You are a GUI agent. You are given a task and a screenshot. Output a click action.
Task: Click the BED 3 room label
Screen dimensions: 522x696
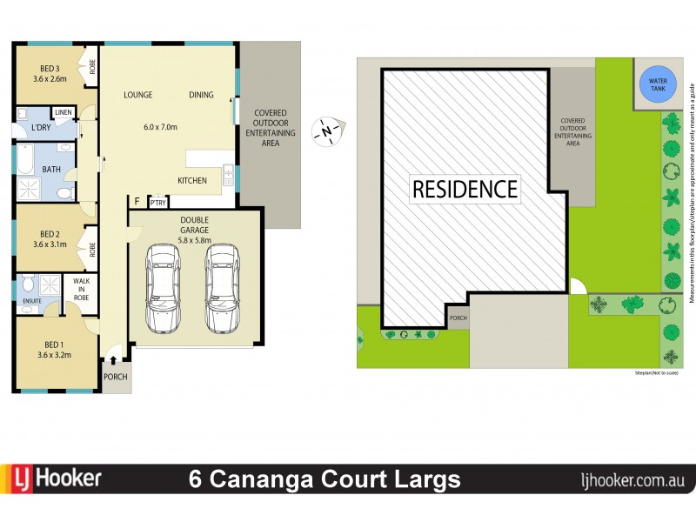[x=50, y=69]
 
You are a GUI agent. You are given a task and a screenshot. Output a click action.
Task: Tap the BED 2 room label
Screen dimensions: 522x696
[x=50, y=233]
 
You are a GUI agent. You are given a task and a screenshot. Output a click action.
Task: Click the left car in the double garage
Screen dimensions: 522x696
[x=164, y=288]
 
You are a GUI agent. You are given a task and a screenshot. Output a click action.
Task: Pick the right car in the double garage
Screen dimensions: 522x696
[x=222, y=288]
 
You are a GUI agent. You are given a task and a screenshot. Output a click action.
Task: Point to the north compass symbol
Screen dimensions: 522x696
[x=327, y=131]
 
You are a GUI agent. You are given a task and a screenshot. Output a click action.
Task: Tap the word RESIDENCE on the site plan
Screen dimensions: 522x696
[x=465, y=188]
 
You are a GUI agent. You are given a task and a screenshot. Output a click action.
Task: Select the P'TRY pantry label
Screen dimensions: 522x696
[x=157, y=203]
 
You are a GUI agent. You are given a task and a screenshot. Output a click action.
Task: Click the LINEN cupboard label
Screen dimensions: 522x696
[x=63, y=112]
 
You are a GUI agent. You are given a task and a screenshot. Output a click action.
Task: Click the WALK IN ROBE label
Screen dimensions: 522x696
[x=81, y=289]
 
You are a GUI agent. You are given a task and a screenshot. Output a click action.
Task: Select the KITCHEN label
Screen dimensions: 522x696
[x=191, y=181]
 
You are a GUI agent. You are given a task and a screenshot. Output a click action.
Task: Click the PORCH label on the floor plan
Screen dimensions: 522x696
[x=115, y=377]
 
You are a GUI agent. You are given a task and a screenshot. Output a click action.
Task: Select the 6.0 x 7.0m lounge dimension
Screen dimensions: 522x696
[x=160, y=127]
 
